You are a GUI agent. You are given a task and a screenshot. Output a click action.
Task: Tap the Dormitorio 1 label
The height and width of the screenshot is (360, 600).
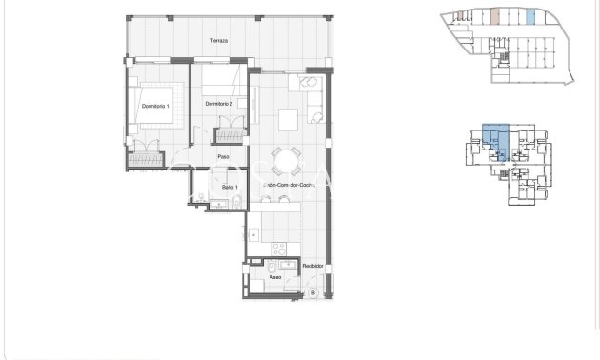[154, 105]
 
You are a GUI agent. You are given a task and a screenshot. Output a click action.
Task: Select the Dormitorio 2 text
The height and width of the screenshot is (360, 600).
[219, 104]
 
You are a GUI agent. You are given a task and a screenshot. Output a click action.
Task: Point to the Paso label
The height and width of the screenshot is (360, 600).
[223, 157]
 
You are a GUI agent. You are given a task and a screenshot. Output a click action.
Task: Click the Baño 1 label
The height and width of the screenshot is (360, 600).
[230, 188]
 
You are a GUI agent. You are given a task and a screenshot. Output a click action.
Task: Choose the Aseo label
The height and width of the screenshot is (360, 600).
[274, 279]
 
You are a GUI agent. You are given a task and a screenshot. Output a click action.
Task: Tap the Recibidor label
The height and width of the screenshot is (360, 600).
[313, 266]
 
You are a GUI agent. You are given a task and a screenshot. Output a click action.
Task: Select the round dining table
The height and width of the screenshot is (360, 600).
[285, 158]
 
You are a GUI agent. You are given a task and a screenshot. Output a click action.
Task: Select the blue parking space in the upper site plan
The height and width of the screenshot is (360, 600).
[530, 16]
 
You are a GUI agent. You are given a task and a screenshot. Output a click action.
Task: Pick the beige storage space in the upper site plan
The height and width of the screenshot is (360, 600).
[495, 16]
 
